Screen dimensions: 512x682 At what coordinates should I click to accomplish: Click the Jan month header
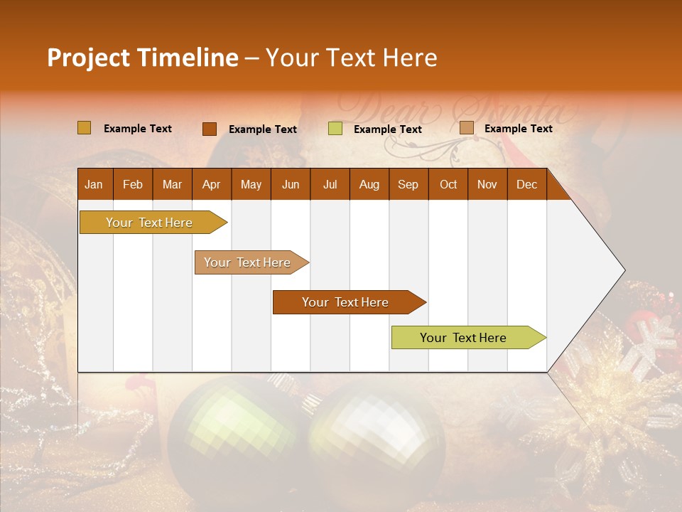click(x=94, y=184)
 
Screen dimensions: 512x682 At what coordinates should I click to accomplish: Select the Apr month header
click(x=211, y=184)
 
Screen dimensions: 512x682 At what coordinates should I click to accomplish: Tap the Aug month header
click(x=369, y=184)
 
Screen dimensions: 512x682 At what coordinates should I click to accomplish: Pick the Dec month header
click(x=526, y=184)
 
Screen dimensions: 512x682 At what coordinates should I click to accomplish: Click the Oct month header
click(x=448, y=184)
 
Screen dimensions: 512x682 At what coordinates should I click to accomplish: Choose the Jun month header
click(x=290, y=184)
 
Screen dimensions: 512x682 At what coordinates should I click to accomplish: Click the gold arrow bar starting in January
click(x=149, y=223)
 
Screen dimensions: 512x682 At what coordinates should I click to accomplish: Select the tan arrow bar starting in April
click(x=247, y=262)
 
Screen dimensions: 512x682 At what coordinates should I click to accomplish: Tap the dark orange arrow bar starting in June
click(x=345, y=302)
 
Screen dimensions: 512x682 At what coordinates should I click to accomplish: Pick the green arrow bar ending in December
click(x=463, y=338)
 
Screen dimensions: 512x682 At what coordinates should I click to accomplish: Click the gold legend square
click(x=84, y=128)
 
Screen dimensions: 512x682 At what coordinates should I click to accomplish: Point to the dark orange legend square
click(x=209, y=129)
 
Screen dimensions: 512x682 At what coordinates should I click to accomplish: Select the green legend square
click(x=335, y=129)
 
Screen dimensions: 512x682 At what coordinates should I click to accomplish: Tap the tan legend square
click(x=466, y=128)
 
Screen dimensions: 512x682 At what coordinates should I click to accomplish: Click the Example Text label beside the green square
click(x=387, y=129)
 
